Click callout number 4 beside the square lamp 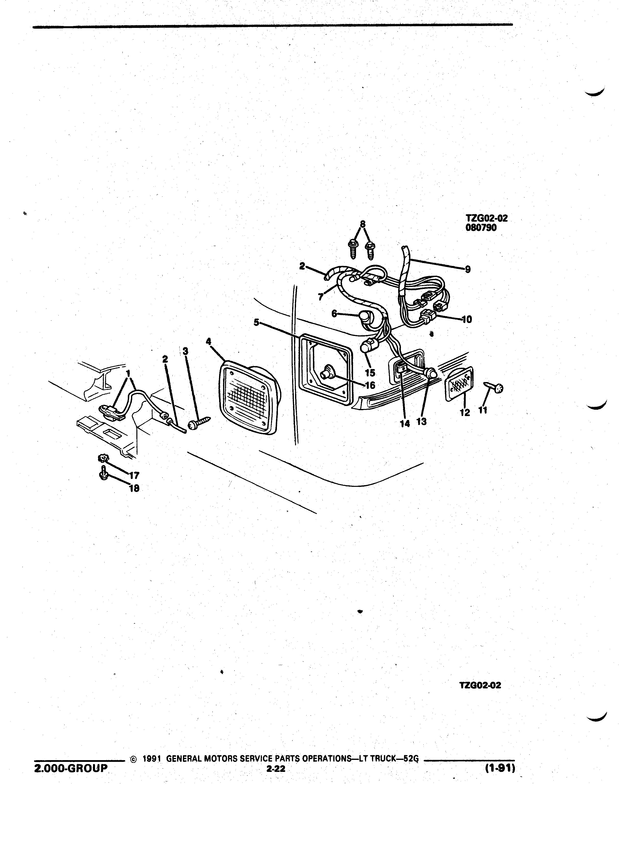[208, 341]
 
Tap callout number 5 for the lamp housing [257, 322]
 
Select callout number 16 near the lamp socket [370, 385]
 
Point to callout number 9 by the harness [468, 269]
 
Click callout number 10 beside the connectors [467, 320]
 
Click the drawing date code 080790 [481, 228]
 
